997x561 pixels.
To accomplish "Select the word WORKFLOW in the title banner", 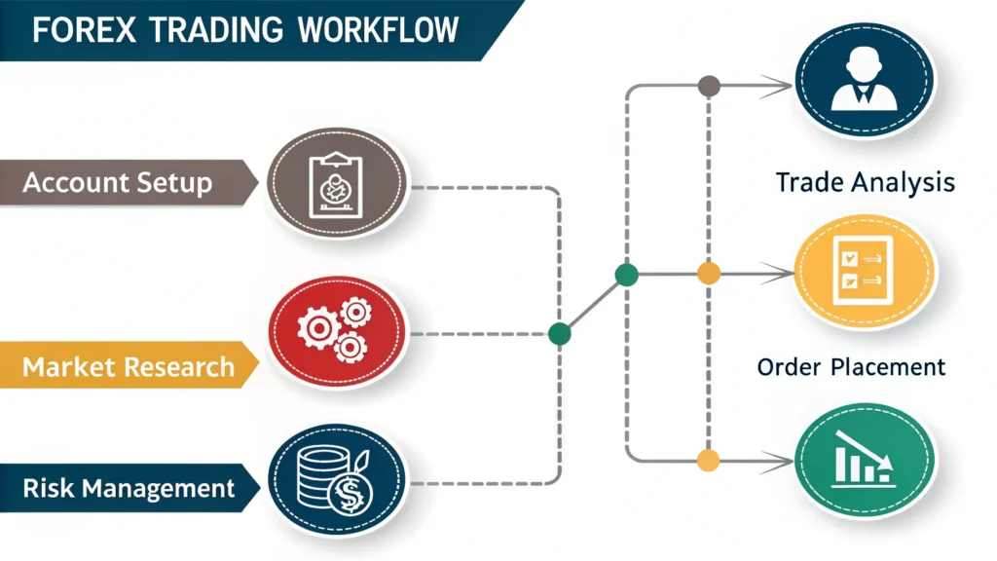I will click(378, 29).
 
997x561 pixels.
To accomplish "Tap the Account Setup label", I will click(117, 182).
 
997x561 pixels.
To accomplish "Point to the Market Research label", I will click(129, 367).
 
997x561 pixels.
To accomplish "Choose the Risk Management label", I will click(129, 487).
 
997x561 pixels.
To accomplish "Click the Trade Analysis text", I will click(865, 182).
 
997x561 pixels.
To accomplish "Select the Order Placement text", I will click(851, 367).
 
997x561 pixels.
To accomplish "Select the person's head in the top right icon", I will click(864, 65).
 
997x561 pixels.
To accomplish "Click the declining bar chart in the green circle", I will click(864, 458).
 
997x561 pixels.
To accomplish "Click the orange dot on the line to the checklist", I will click(708, 274).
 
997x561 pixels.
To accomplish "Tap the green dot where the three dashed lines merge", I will click(559, 334).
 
